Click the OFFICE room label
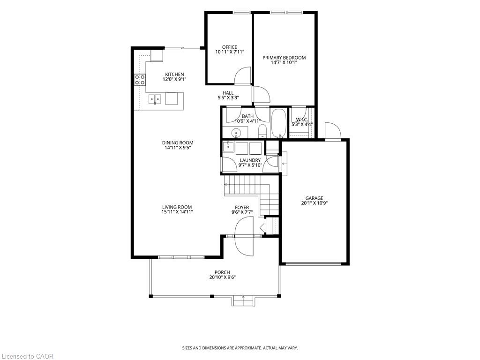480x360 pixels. [230, 47]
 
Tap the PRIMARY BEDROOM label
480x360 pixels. [284, 58]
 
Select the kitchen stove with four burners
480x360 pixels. [140, 80]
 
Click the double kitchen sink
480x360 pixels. [155, 99]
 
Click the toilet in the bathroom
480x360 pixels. [262, 131]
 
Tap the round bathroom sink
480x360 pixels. [236, 133]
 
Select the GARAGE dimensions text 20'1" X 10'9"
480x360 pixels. [315, 202]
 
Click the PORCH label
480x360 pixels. [222, 272]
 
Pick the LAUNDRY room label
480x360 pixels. [250, 160]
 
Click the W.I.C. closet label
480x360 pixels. [302, 120]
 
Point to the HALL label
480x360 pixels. [228, 93]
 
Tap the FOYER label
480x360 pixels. [242, 208]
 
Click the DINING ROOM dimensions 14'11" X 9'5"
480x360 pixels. [178, 148]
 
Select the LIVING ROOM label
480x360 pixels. [177, 207]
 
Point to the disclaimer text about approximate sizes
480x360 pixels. [240, 348]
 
